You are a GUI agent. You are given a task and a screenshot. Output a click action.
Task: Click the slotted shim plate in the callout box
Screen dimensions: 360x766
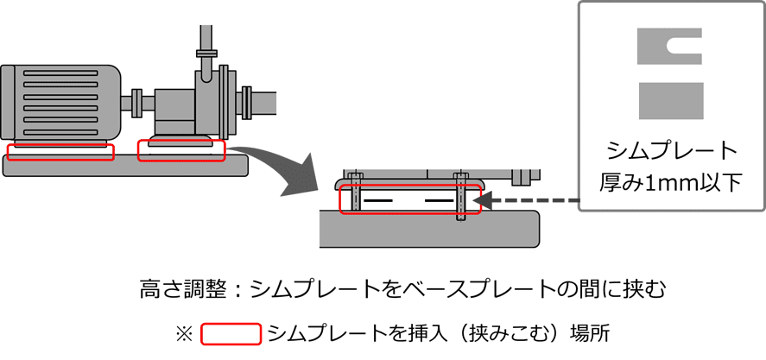point(656,47)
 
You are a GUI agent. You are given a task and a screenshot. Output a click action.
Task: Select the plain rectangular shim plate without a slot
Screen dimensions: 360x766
point(670,100)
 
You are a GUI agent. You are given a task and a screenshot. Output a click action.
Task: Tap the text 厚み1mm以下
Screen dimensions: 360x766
point(671,182)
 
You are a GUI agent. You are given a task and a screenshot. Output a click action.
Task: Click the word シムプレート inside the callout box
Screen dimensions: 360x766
point(671,152)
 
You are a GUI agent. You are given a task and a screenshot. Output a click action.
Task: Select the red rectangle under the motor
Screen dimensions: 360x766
point(60,152)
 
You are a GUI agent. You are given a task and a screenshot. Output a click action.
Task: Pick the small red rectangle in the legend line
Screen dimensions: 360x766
point(231,333)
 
